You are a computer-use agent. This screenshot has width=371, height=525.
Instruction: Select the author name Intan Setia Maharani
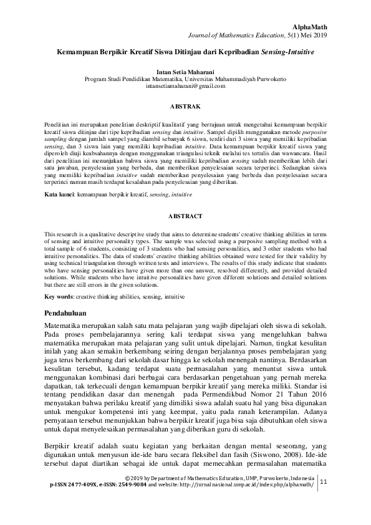185,72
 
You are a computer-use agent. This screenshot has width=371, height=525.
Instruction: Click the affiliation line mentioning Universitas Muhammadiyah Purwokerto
185,79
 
